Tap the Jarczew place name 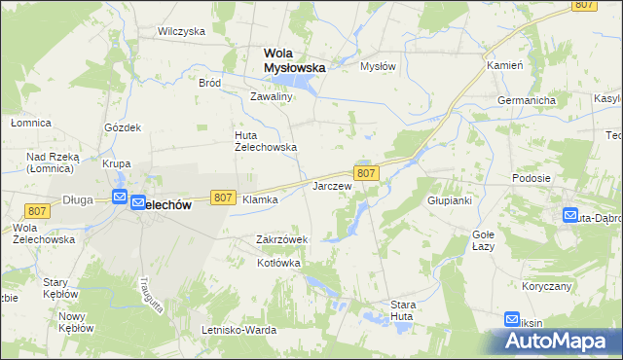click(x=331, y=185)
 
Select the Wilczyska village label click(x=181, y=31)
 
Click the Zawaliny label click(x=272, y=97)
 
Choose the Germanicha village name click(x=526, y=101)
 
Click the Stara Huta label click(x=402, y=310)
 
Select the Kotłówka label click(x=278, y=263)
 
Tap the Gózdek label click(x=124, y=127)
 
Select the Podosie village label click(x=531, y=178)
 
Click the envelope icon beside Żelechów click(x=120, y=198)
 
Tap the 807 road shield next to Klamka click(x=223, y=198)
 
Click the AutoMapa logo click(x=558, y=342)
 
